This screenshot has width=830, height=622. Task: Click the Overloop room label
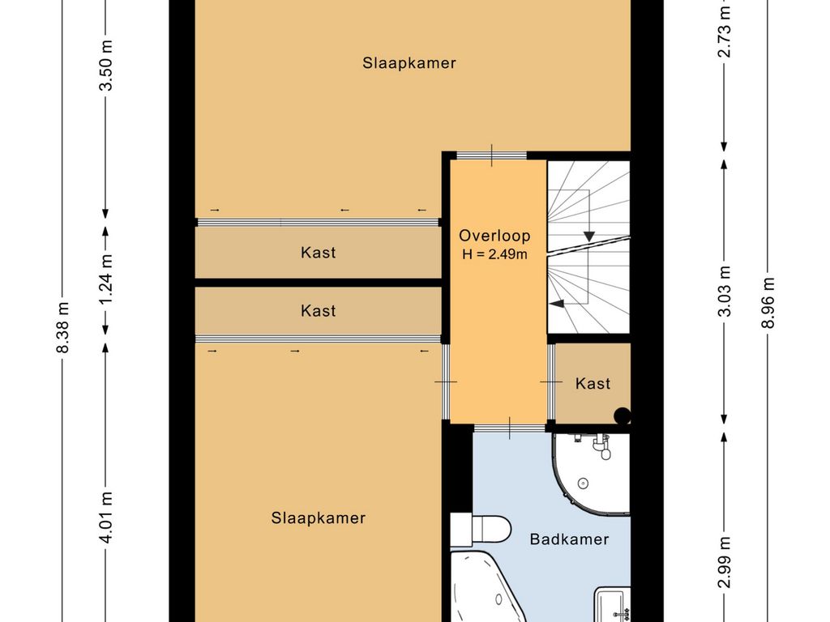[494, 236]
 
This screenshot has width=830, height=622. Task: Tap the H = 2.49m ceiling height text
[494, 254]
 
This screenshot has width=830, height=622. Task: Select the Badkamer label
[569, 539]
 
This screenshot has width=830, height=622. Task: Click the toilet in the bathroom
[481, 530]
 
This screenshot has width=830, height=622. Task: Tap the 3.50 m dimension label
[106, 65]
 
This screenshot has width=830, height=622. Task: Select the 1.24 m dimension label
[106, 279]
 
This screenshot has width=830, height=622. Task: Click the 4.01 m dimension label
[106, 517]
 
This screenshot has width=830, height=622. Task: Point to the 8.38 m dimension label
[62, 327]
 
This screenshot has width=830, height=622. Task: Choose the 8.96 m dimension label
[768, 303]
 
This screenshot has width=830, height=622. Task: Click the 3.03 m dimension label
[725, 291]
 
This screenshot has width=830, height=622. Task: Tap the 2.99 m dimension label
[725, 562]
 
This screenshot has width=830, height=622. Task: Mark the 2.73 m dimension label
[725, 32]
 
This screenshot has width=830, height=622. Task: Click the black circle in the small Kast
[622, 415]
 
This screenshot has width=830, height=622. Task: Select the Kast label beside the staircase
[593, 383]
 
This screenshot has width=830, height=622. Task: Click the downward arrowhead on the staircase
[588, 236]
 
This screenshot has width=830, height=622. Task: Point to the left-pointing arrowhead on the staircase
[556, 303]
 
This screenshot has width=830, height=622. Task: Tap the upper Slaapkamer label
[409, 63]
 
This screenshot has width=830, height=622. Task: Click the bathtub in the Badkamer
[487, 587]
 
